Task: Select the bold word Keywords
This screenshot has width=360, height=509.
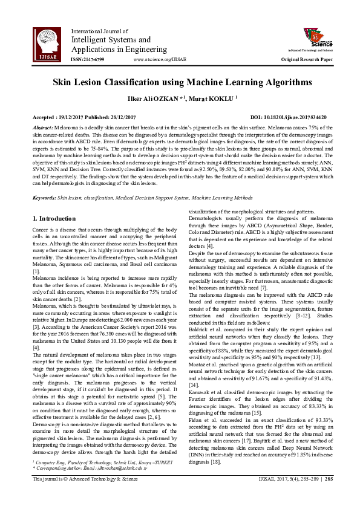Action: (x=44, y=198)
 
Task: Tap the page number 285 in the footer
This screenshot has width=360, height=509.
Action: (x=329, y=495)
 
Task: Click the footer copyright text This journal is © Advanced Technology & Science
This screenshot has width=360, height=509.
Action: (x=82, y=495)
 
